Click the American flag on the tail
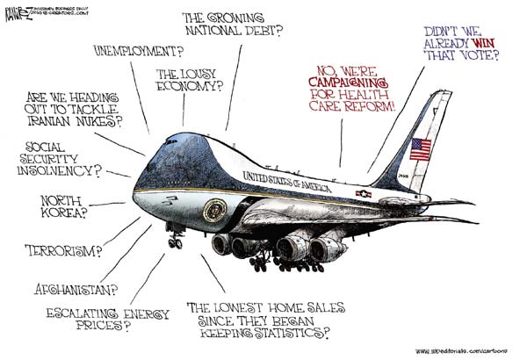(x=422, y=148)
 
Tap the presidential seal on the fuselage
(x=214, y=210)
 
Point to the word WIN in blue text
(x=475, y=41)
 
